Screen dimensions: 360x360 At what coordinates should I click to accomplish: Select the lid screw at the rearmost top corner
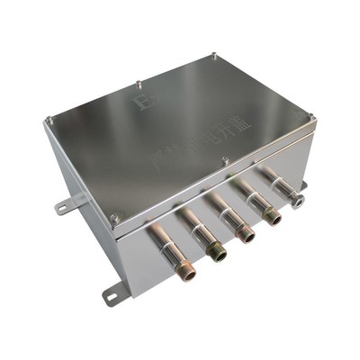click(x=213, y=57)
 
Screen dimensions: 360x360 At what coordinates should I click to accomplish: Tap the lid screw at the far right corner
click(x=310, y=114)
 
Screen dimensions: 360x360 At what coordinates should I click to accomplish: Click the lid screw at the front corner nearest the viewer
click(x=114, y=217)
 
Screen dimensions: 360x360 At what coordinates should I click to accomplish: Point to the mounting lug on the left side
click(x=64, y=206)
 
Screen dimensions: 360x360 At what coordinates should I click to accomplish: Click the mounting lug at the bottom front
click(x=113, y=293)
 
